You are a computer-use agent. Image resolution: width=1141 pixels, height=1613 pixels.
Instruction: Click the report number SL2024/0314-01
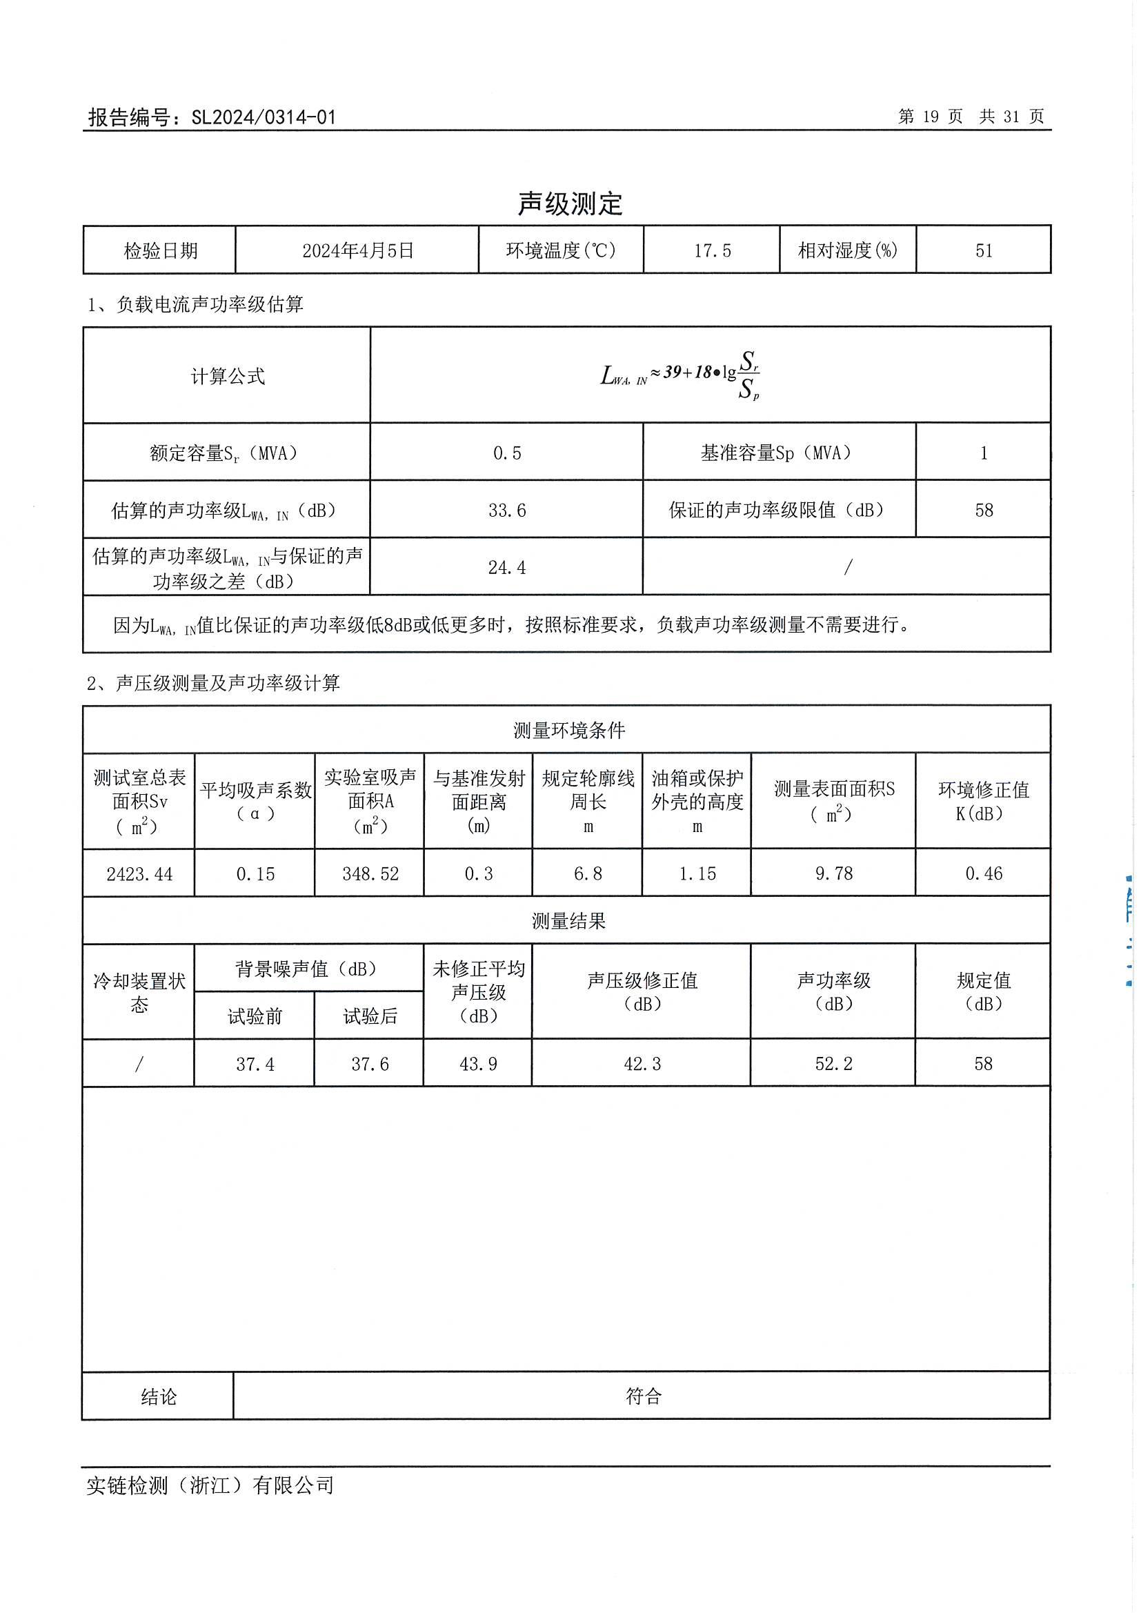[264, 117]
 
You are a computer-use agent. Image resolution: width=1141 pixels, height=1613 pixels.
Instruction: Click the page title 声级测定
[570, 204]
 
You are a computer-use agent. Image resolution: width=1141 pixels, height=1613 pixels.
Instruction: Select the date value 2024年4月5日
[357, 251]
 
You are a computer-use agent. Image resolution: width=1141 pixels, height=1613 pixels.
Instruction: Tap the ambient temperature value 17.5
[712, 251]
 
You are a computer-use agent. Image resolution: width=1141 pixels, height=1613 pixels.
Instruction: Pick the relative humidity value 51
[984, 251]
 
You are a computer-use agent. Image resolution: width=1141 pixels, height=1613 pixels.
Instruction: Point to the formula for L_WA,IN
[680, 375]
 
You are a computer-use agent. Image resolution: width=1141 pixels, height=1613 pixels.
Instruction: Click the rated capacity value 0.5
[506, 453]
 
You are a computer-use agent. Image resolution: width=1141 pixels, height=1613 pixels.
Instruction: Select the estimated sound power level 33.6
[506, 511]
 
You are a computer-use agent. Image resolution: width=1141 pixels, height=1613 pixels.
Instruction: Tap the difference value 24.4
[506, 568]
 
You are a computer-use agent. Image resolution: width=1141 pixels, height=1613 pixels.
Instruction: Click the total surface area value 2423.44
[139, 874]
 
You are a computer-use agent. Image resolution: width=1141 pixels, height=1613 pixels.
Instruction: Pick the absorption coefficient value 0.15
[255, 874]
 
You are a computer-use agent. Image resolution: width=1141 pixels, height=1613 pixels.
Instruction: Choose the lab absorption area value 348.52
[370, 874]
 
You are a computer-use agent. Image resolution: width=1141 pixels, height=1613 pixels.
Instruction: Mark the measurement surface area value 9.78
[833, 873]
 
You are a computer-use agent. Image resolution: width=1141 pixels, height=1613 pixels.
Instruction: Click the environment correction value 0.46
[984, 873]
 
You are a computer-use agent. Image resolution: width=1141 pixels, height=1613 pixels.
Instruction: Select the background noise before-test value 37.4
[255, 1064]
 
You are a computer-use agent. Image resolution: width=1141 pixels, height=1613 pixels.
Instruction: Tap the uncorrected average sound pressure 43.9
[478, 1064]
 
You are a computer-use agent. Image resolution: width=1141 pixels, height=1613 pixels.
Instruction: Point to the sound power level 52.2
[833, 1064]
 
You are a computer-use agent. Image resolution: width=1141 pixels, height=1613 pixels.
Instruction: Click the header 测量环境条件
[568, 731]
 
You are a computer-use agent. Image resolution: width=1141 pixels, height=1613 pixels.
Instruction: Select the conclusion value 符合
[643, 1396]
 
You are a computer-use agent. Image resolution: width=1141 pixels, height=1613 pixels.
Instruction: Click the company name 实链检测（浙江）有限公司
[210, 1486]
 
